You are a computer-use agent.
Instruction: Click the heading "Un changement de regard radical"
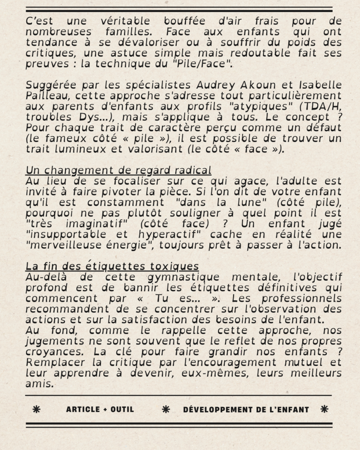pos(118,170)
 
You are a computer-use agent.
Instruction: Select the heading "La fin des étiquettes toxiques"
pos(112,266)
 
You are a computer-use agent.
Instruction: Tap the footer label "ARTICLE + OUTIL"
pos(100,410)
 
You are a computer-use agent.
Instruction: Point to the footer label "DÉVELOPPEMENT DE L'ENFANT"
pos(246,410)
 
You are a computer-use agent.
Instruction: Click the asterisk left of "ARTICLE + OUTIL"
pos(36,410)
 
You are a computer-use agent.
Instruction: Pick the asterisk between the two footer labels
pos(166,410)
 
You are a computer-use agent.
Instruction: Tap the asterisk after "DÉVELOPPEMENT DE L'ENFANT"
pos(324,410)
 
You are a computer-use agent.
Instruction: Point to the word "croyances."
pos(51,352)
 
